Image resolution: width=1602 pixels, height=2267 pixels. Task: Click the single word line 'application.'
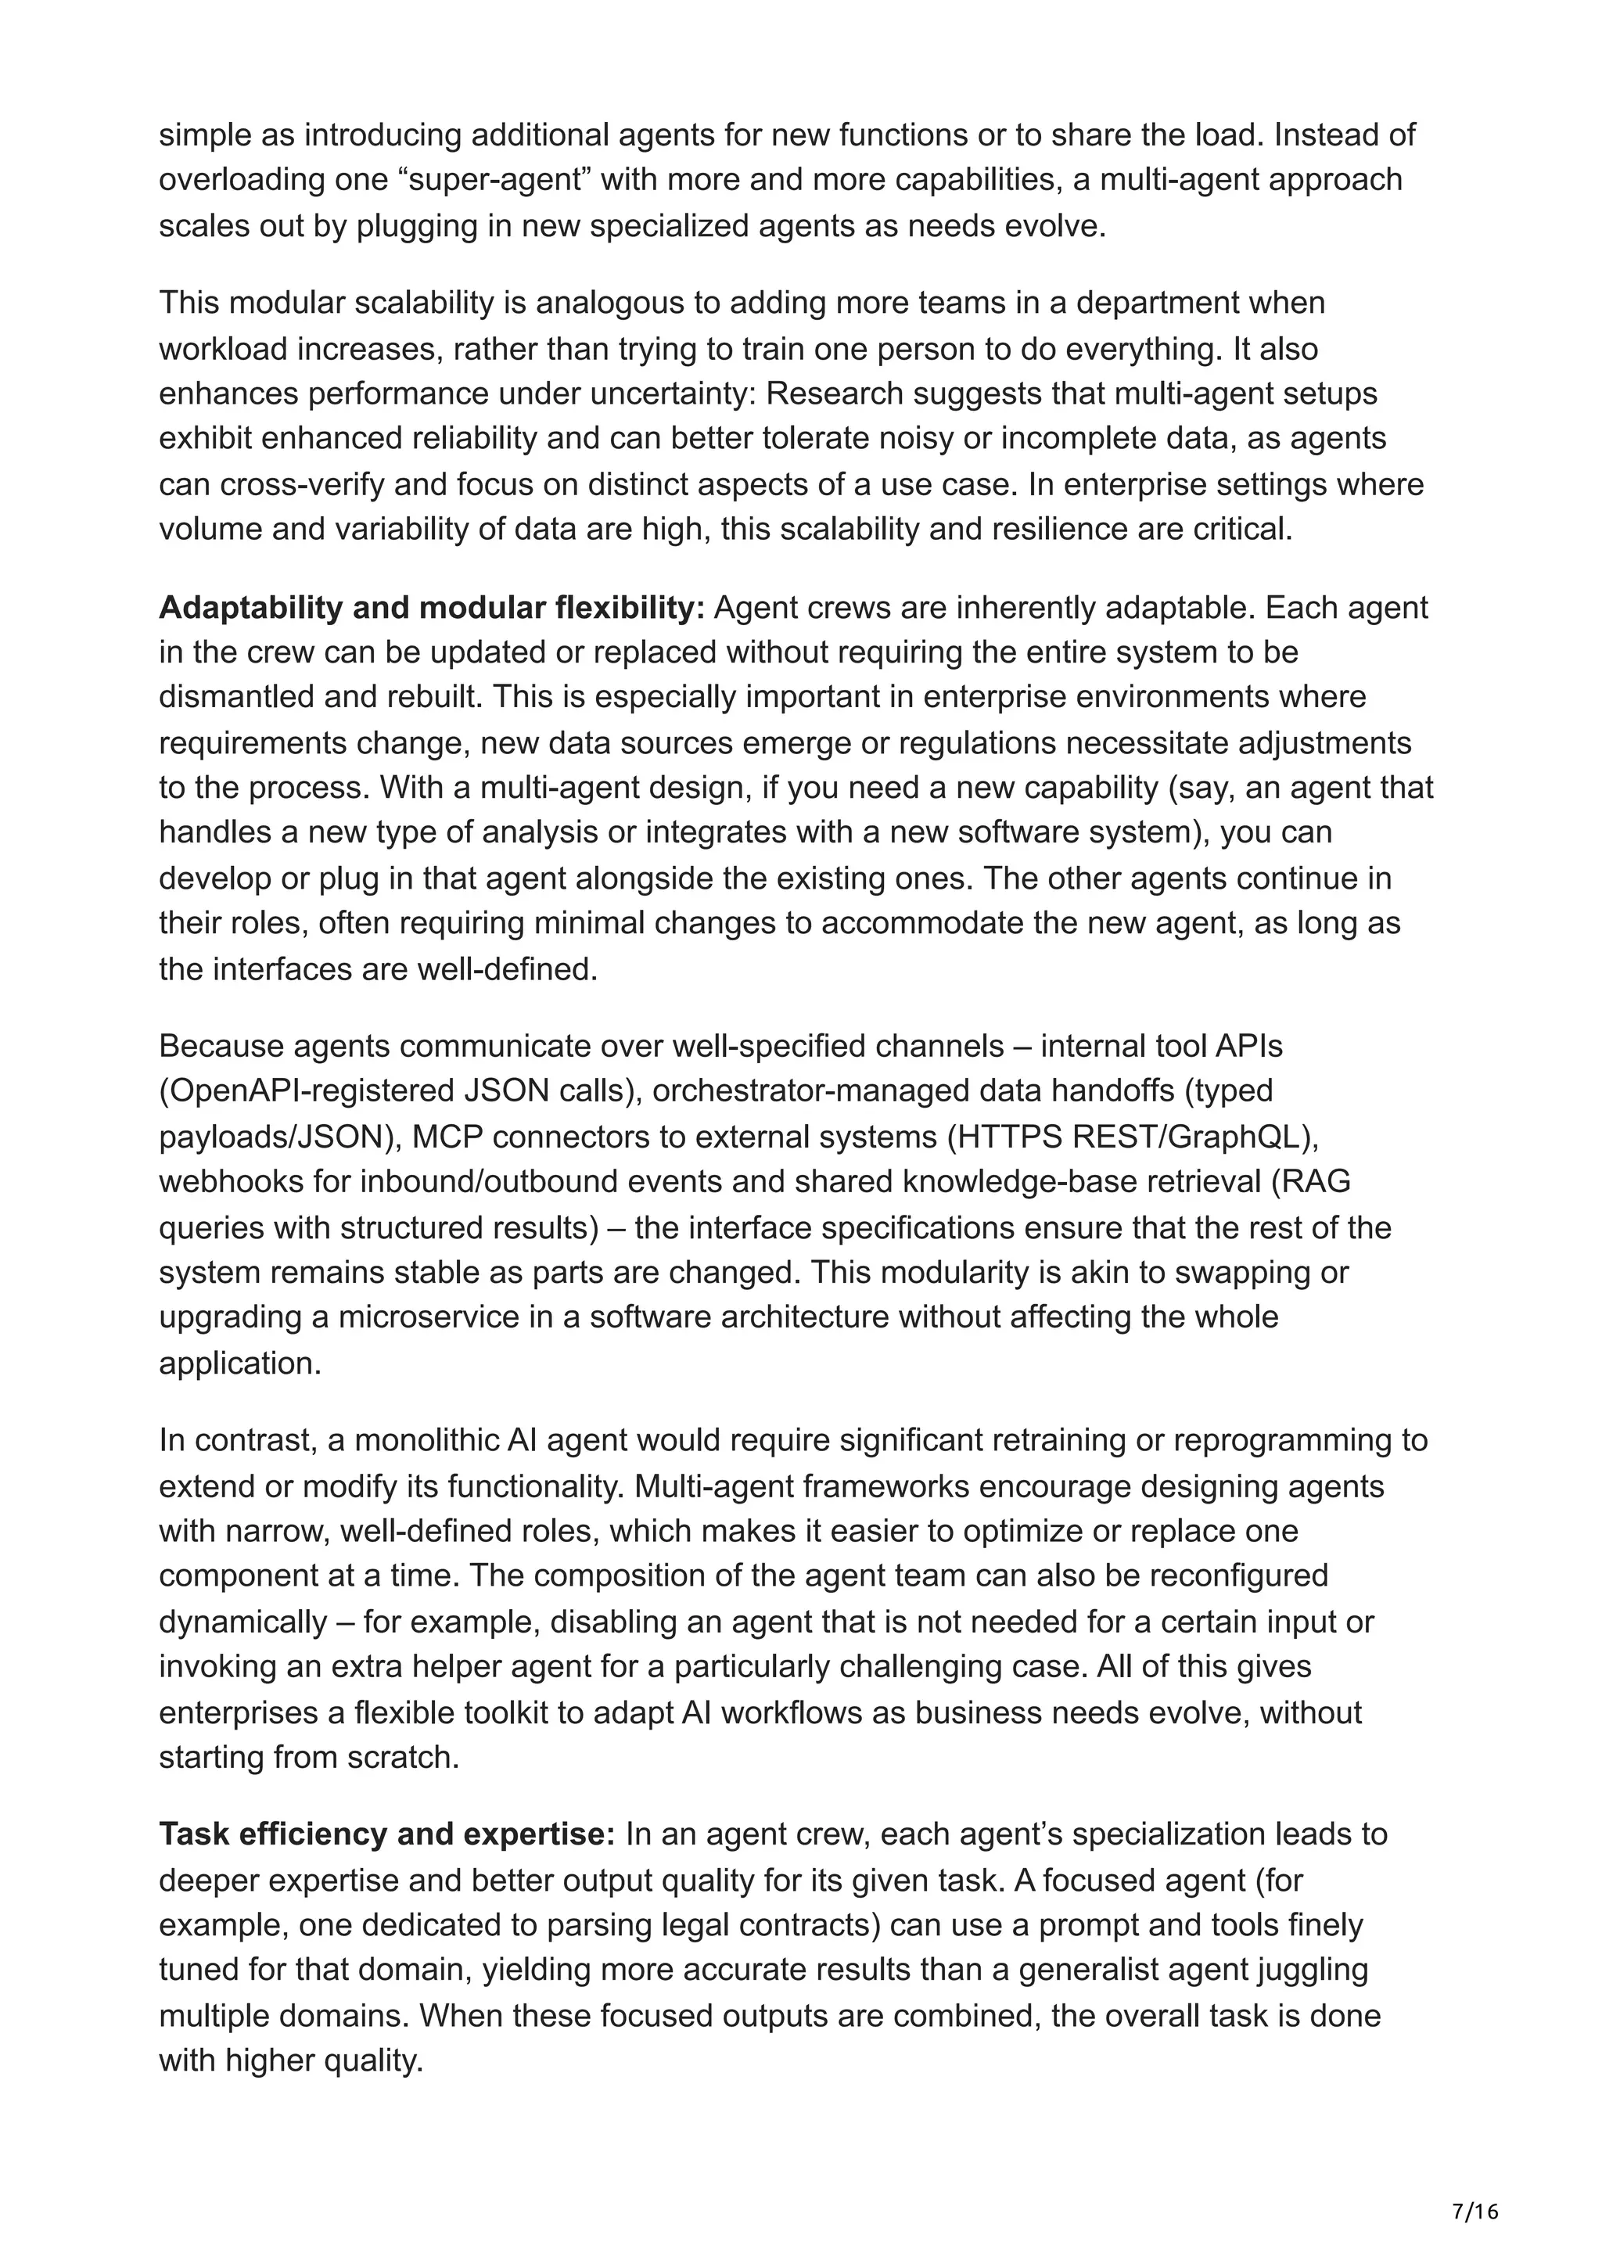240,1363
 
